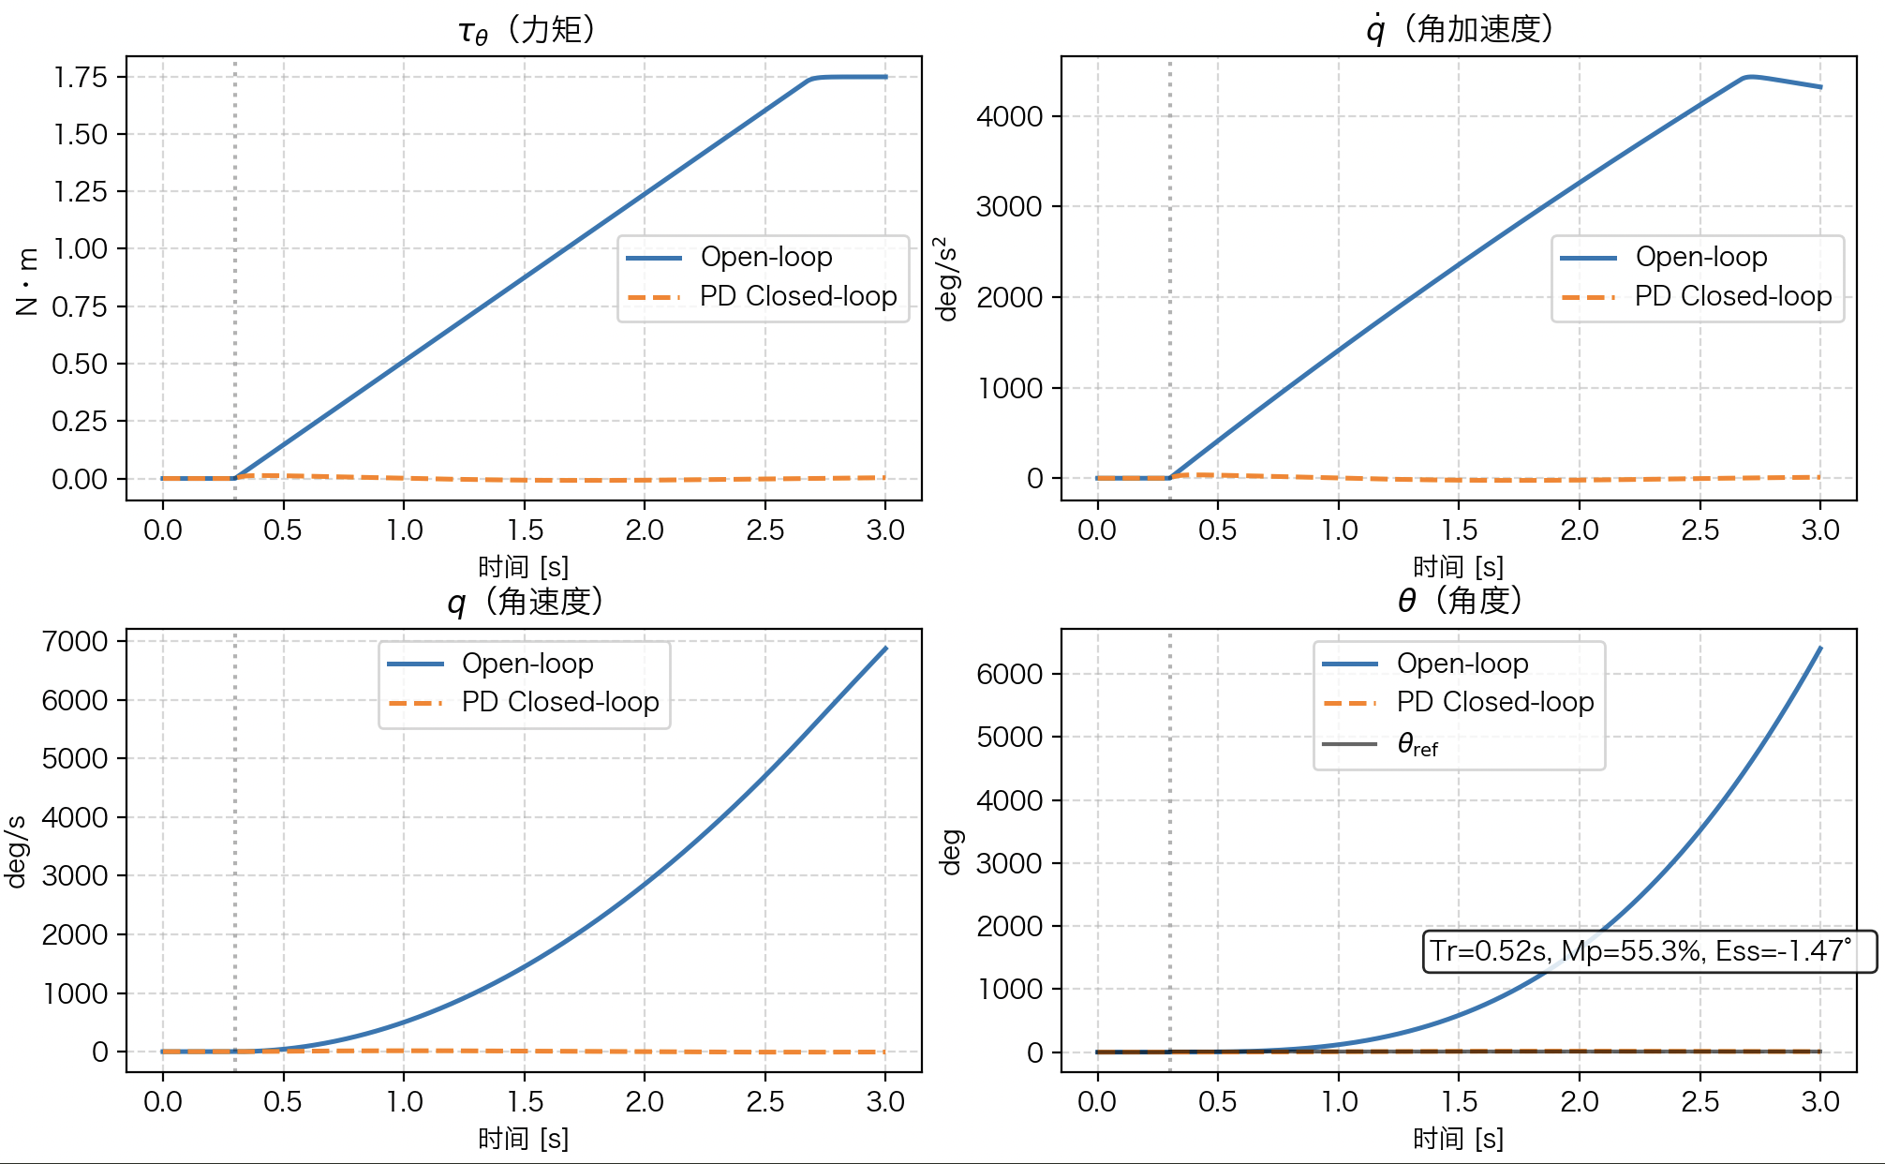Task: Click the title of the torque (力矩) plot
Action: (x=527, y=30)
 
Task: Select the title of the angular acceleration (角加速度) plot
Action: (x=1460, y=30)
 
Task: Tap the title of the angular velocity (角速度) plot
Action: (x=525, y=602)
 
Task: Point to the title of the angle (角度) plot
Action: (x=1460, y=602)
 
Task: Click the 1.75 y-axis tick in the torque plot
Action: (x=81, y=77)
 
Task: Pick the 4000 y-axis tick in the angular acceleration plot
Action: (x=1009, y=116)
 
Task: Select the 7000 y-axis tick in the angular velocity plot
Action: (x=75, y=642)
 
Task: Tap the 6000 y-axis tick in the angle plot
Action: (x=1009, y=674)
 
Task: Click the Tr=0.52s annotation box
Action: (x=1649, y=951)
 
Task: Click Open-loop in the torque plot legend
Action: (x=766, y=257)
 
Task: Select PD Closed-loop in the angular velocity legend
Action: (x=560, y=702)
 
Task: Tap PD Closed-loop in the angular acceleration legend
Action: (x=1733, y=296)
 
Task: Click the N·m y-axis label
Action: (x=26, y=281)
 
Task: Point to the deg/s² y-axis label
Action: (x=948, y=279)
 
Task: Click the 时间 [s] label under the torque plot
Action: (x=523, y=567)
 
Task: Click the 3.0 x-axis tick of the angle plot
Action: (x=1819, y=1101)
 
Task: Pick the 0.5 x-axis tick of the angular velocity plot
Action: (x=282, y=1101)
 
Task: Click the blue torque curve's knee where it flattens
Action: (x=811, y=80)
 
